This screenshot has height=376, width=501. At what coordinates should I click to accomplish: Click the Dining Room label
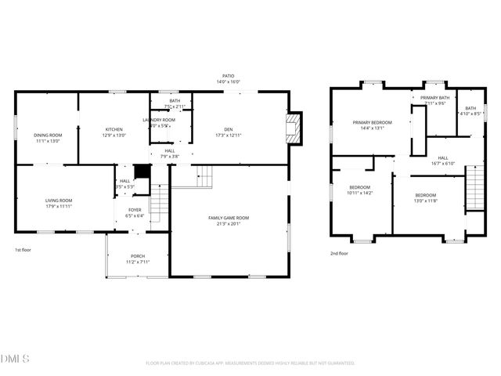[x=48, y=136]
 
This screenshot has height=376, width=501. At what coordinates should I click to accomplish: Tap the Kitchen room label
[x=115, y=129]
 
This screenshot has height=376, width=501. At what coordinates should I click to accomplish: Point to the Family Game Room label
[x=229, y=217]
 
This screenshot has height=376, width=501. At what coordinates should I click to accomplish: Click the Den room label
[x=228, y=129]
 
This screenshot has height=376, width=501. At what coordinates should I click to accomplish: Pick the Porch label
[x=138, y=256]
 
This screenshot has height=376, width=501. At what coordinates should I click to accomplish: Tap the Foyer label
[x=135, y=210]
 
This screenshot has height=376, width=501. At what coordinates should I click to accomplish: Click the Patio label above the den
[x=229, y=76]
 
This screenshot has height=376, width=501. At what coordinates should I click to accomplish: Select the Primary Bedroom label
[x=372, y=122]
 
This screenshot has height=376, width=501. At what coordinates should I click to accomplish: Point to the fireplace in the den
[x=293, y=128]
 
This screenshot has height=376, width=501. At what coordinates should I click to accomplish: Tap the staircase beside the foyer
[x=159, y=201]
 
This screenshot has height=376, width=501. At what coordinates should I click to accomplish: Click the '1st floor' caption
[x=23, y=250]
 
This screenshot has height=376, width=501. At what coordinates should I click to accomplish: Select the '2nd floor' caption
[x=339, y=253]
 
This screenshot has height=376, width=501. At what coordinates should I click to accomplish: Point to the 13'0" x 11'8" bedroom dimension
[x=426, y=201]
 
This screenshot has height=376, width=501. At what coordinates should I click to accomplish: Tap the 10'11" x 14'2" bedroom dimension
[x=360, y=193]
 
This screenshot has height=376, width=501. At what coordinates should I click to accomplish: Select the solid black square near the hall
[x=142, y=172]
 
